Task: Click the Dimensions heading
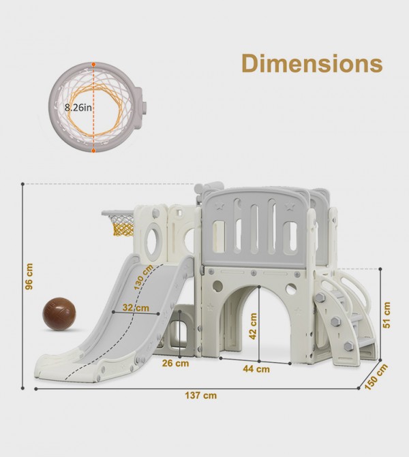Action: [312, 63]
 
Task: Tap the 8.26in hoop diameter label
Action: [78, 108]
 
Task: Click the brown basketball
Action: [59, 314]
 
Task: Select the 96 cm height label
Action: [29, 277]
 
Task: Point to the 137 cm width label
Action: [200, 396]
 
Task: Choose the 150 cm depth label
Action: [376, 377]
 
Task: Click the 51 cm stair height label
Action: [387, 315]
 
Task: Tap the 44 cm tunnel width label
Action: [256, 369]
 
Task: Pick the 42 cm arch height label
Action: [253, 326]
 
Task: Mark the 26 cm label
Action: [175, 363]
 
